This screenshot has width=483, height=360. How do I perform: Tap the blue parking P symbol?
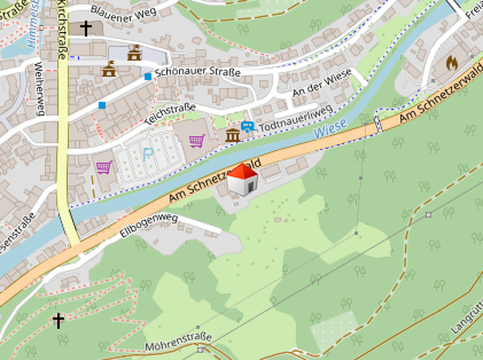point(148,152)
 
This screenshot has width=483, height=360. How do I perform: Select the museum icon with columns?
point(232,134)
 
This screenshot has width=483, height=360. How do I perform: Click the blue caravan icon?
point(247,127)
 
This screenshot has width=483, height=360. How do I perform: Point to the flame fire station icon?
point(451,62)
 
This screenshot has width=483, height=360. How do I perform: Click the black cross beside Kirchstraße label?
point(86,28)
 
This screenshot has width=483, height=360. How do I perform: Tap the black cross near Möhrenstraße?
point(58,320)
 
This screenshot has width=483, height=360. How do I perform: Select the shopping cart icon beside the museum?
point(196,141)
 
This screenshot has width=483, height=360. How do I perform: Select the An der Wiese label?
point(321,84)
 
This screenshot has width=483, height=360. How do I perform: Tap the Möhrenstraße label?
point(178,338)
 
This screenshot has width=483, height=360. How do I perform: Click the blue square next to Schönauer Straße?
point(147,76)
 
